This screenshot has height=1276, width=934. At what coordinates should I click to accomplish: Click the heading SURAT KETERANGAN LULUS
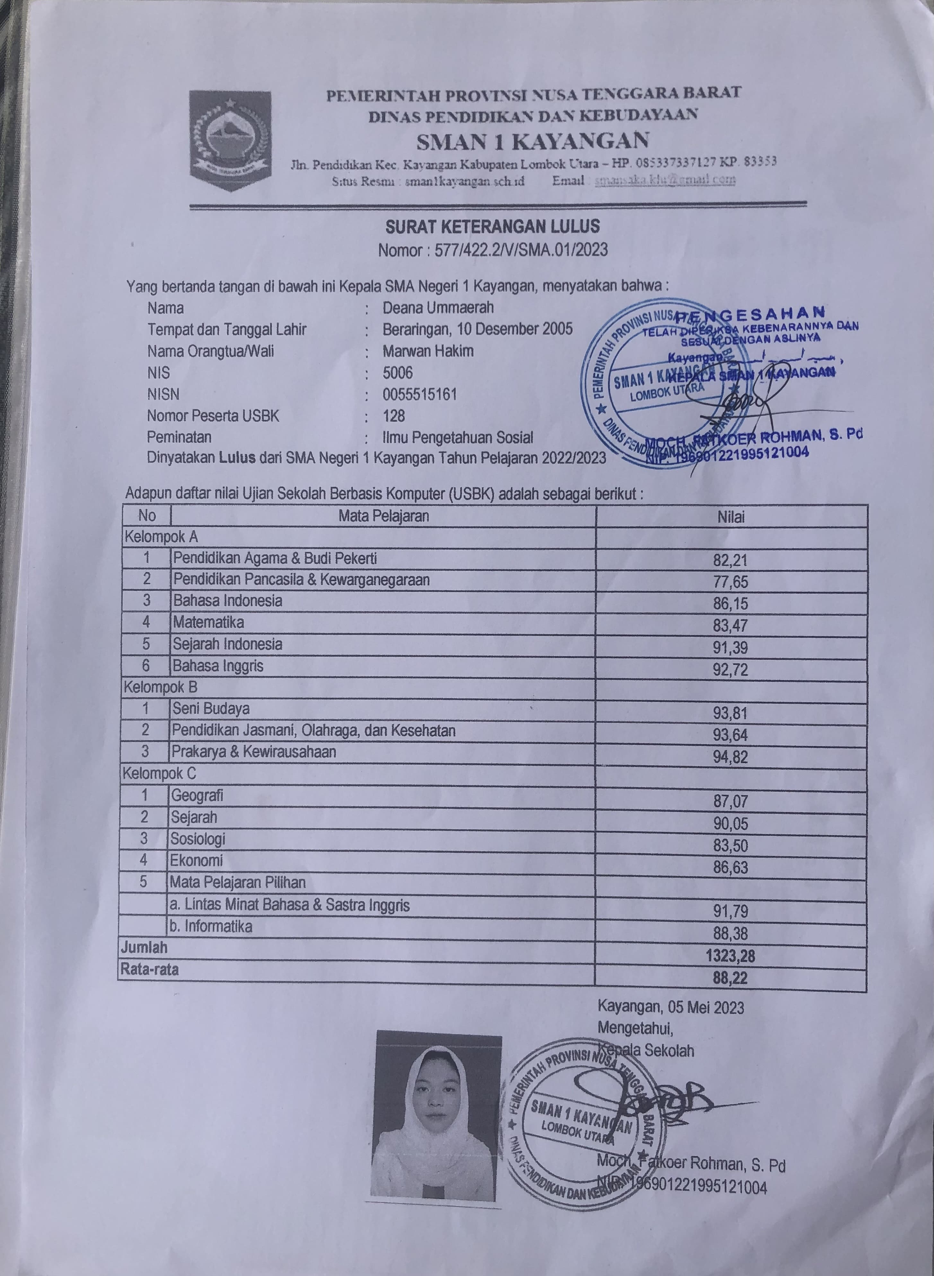493,227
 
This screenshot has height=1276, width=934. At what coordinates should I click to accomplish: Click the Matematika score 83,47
730,625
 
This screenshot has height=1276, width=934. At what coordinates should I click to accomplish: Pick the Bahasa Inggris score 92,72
730,670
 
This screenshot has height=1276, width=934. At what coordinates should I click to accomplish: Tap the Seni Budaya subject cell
211,709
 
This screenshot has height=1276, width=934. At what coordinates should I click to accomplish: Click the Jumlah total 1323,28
730,956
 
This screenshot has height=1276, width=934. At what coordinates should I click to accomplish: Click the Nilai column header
731,516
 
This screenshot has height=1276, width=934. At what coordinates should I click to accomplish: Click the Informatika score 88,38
730,934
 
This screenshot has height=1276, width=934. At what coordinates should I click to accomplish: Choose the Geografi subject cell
197,796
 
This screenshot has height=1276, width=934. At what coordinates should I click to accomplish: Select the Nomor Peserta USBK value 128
394,416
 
